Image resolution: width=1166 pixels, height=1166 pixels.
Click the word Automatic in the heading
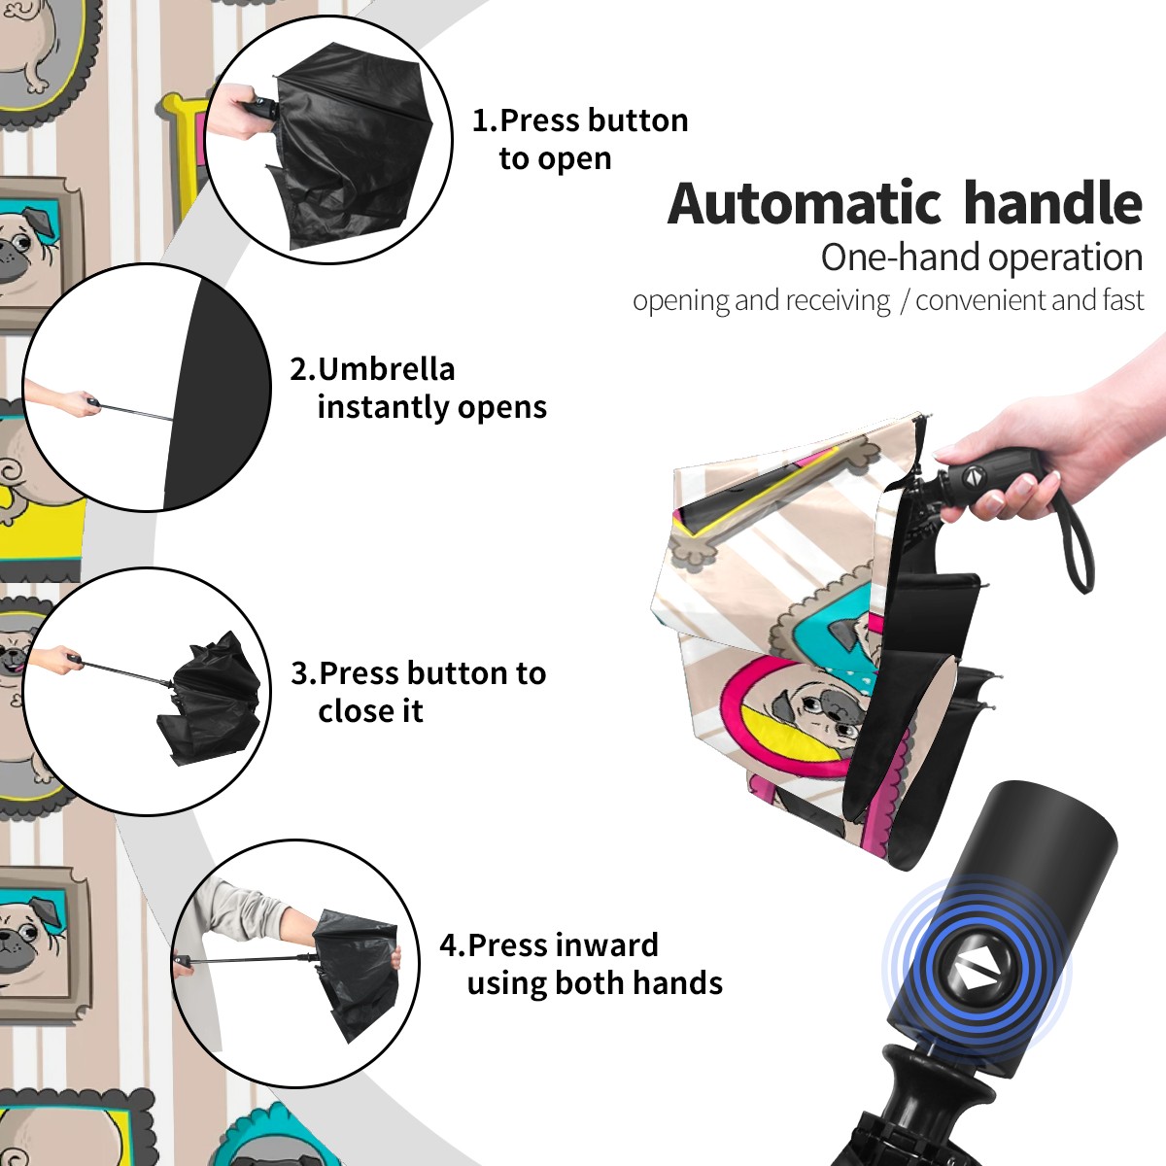pos(805,203)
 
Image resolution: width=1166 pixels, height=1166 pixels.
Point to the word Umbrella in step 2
pos(387,369)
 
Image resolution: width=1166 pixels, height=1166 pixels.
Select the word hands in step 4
pos(686,983)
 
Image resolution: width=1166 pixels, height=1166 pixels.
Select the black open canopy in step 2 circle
pos(218,393)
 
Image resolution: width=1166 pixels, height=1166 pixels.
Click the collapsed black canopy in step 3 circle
pos(212,700)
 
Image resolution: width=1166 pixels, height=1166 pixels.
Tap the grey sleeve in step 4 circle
pos(245,907)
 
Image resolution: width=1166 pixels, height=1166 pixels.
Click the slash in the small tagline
pos(905,300)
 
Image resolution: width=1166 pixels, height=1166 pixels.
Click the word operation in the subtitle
pos(1066,258)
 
